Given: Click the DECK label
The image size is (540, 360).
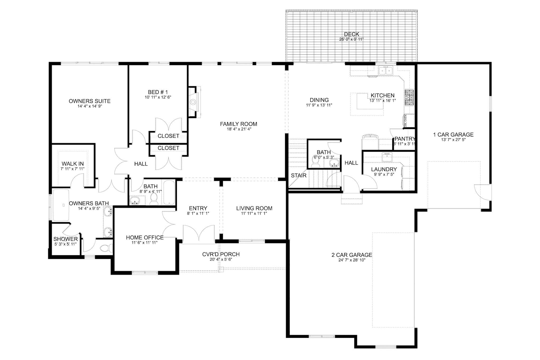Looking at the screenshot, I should pyautogui.click(x=351, y=34).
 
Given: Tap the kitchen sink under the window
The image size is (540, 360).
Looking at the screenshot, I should pyautogui.click(x=385, y=71).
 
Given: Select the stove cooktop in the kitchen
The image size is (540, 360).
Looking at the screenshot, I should pyautogui.click(x=409, y=98).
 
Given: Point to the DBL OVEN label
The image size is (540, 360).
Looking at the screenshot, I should pyautogui.click(x=406, y=121).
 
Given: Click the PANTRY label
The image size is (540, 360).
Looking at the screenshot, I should pyautogui.click(x=405, y=139).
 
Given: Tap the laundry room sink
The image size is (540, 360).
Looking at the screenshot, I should pyautogui.click(x=387, y=157).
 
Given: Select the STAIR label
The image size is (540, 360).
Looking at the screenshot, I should pyautogui.click(x=298, y=175).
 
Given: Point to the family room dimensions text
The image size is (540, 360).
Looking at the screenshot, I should pyautogui.click(x=238, y=129).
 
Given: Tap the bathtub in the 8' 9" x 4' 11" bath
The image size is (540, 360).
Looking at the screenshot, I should pyautogui.click(x=169, y=192).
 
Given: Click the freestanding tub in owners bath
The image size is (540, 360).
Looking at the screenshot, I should pyautogui.click(x=61, y=205).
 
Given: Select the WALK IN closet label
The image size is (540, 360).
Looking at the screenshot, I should pyautogui.click(x=73, y=164).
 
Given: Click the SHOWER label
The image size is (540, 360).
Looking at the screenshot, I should pyautogui.click(x=65, y=239).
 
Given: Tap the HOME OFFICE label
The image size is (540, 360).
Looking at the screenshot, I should pyautogui.click(x=144, y=237).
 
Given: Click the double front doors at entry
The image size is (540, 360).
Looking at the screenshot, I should pyautogui.click(x=198, y=234).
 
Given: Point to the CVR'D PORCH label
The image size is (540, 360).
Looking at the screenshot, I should pyautogui.click(x=221, y=254).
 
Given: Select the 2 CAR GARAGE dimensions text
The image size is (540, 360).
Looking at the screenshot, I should pyautogui.click(x=352, y=260).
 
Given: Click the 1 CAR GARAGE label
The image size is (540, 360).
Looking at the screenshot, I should pyautogui.click(x=453, y=135).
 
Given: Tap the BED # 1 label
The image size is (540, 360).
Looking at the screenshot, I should pyautogui.click(x=158, y=92).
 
